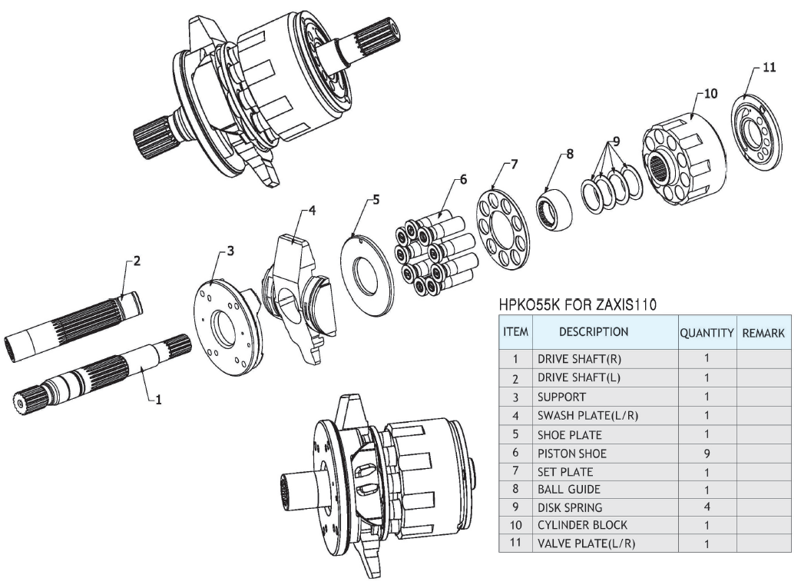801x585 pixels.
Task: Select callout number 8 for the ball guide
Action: [569, 154]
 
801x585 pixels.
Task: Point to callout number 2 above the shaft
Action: [137, 261]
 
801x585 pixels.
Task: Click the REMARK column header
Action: [762, 333]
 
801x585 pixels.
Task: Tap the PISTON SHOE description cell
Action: [571, 454]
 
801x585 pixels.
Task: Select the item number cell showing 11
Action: [516, 544]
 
